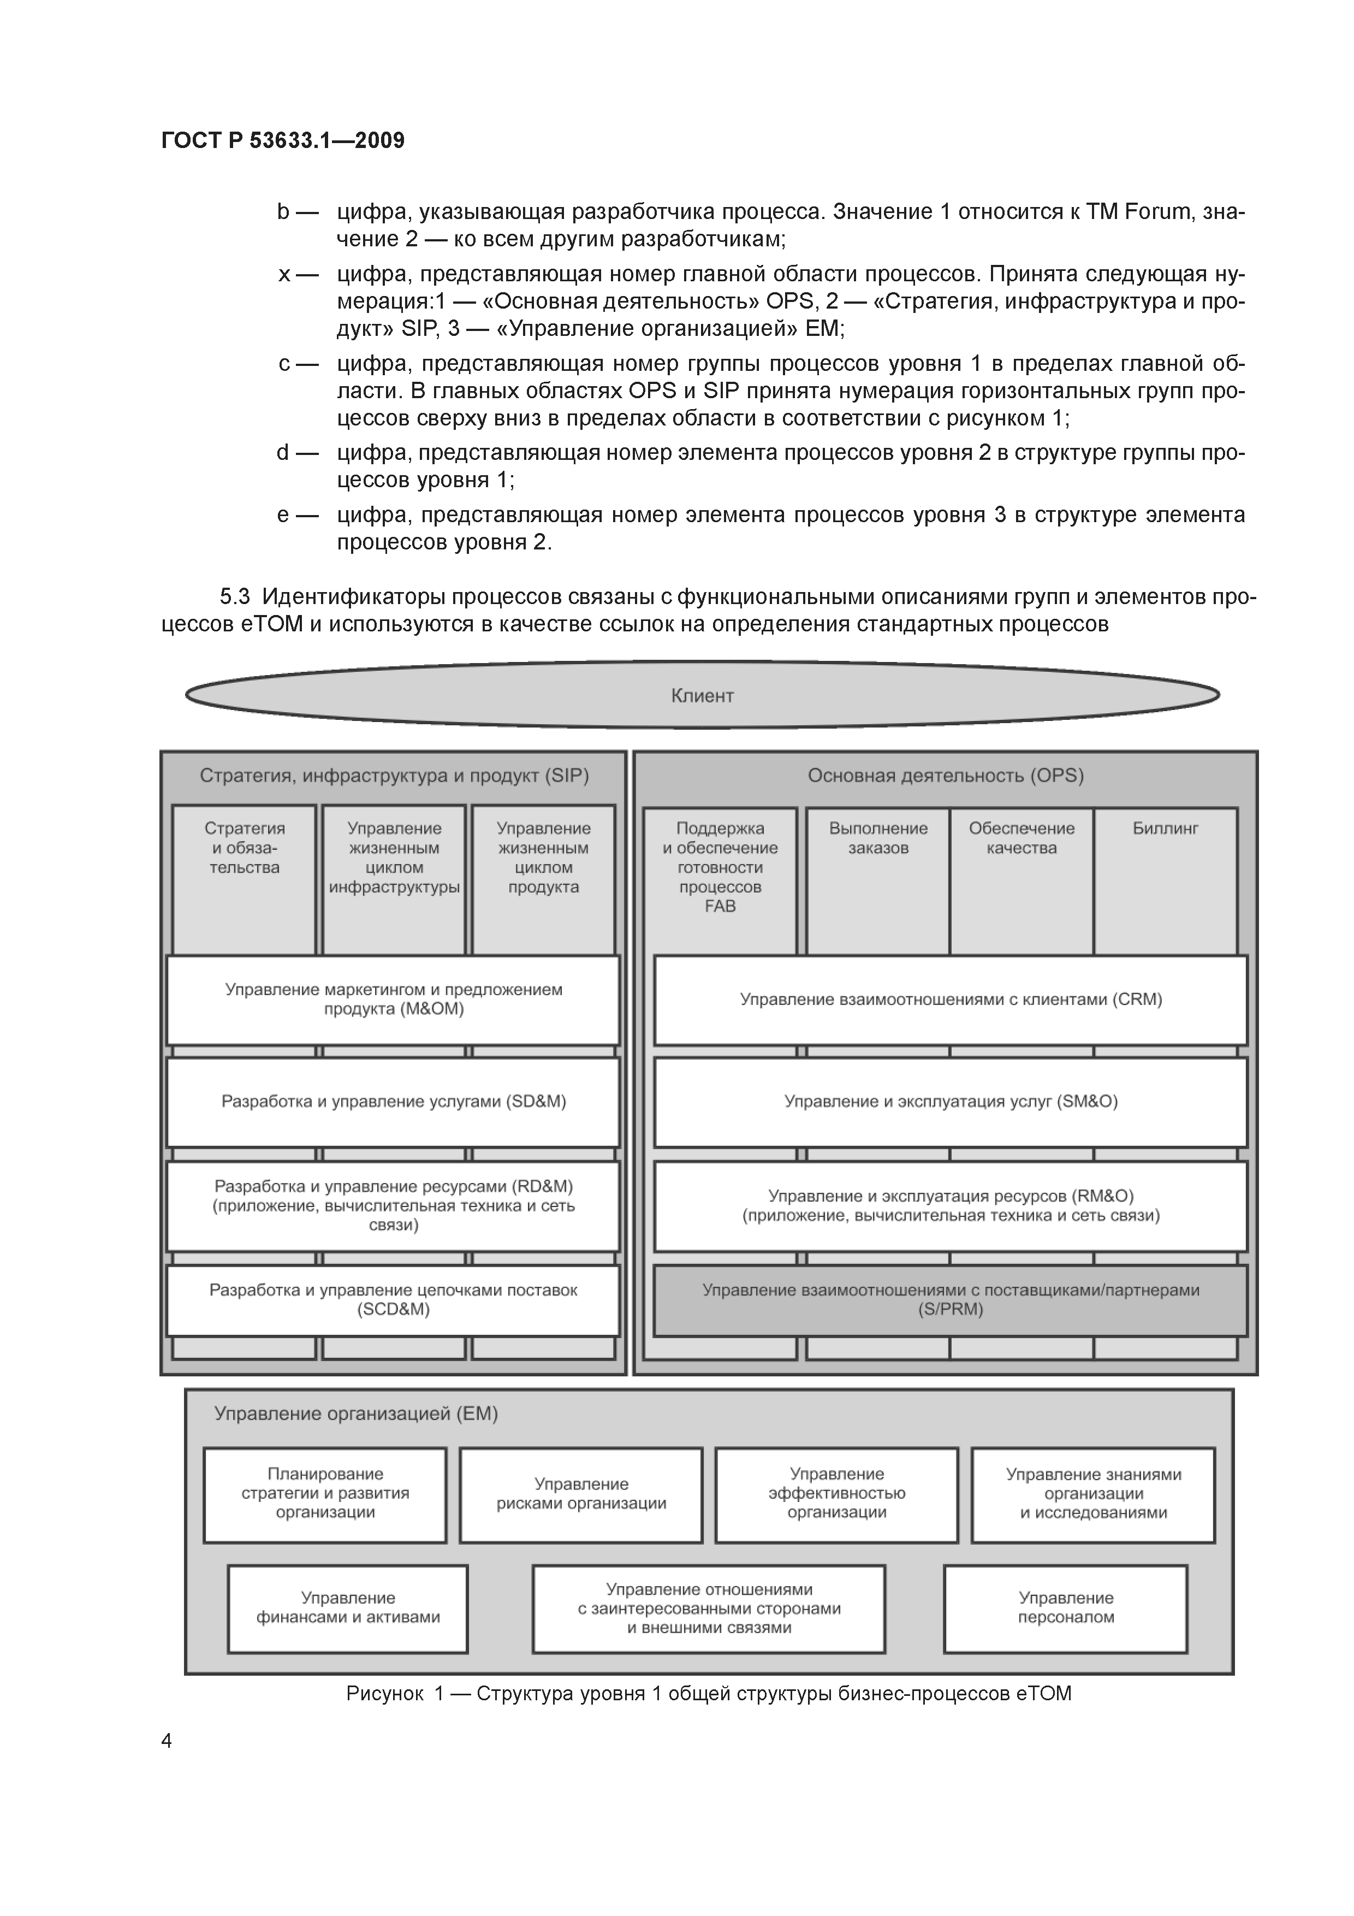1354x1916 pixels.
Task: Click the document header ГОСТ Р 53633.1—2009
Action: (x=283, y=140)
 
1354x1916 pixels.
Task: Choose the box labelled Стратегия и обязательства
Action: (x=245, y=876)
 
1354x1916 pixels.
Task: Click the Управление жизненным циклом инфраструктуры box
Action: (x=394, y=876)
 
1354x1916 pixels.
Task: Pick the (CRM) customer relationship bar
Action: (x=950, y=1000)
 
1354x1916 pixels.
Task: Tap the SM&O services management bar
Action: (x=950, y=1102)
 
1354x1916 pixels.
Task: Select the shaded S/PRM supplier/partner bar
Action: (x=950, y=1300)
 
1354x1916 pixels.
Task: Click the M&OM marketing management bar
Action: (x=393, y=1000)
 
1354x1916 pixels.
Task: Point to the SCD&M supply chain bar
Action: (x=393, y=1300)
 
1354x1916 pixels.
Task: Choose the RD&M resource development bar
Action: (x=393, y=1206)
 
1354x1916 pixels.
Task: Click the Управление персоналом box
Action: (x=1065, y=1607)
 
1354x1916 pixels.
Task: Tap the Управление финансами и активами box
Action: (x=347, y=1607)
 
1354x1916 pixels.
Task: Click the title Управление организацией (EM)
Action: (x=355, y=1414)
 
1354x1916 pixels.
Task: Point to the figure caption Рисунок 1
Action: (x=708, y=1693)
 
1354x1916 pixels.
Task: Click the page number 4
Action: (x=167, y=1740)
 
